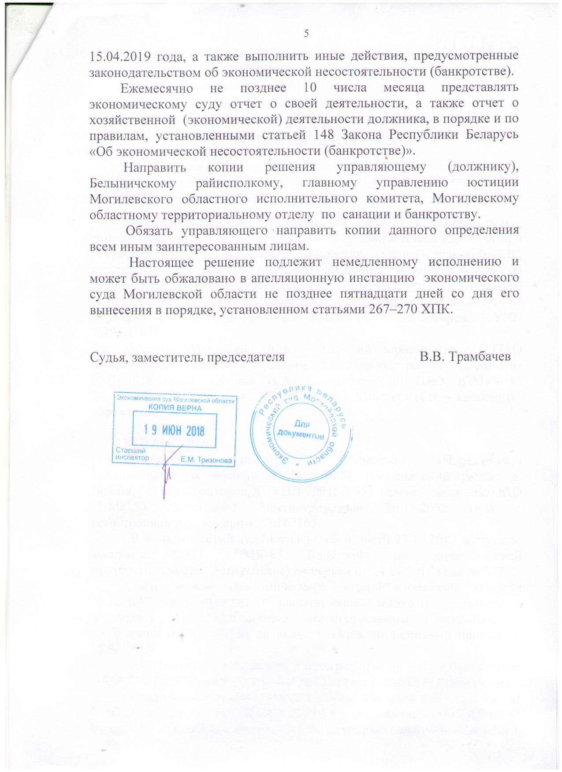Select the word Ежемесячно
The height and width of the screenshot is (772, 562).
click(157, 87)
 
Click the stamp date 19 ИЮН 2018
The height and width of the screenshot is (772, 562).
click(175, 429)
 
